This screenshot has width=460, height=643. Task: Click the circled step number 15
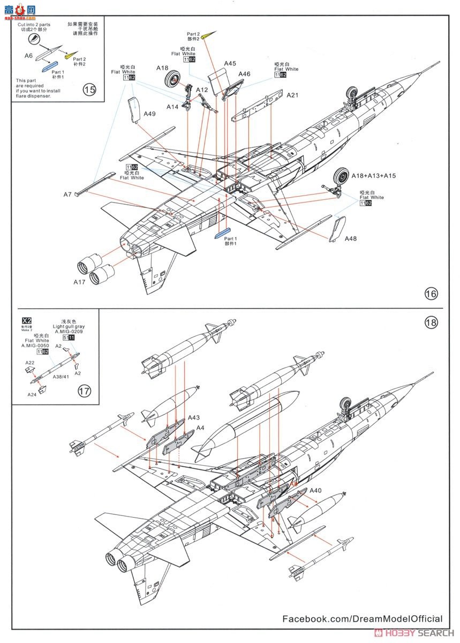coord(89,89)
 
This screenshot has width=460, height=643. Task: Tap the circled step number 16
coord(431,294)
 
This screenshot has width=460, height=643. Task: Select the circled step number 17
coord(84,391)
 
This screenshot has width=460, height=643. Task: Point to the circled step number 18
coord(431,322)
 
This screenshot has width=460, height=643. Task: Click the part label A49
coord(150,114)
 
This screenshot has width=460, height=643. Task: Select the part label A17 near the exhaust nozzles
coord(79,281)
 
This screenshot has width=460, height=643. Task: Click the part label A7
coord(67,194)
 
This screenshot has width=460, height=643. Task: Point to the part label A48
coord(351,238)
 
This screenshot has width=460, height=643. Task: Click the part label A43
coord(194,418)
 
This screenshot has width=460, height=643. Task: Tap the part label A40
coord(315,491)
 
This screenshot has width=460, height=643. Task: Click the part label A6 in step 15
coord(28,55)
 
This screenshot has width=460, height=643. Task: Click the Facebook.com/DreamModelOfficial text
coord(363,618)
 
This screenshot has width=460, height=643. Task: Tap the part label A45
coord(230,63)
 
